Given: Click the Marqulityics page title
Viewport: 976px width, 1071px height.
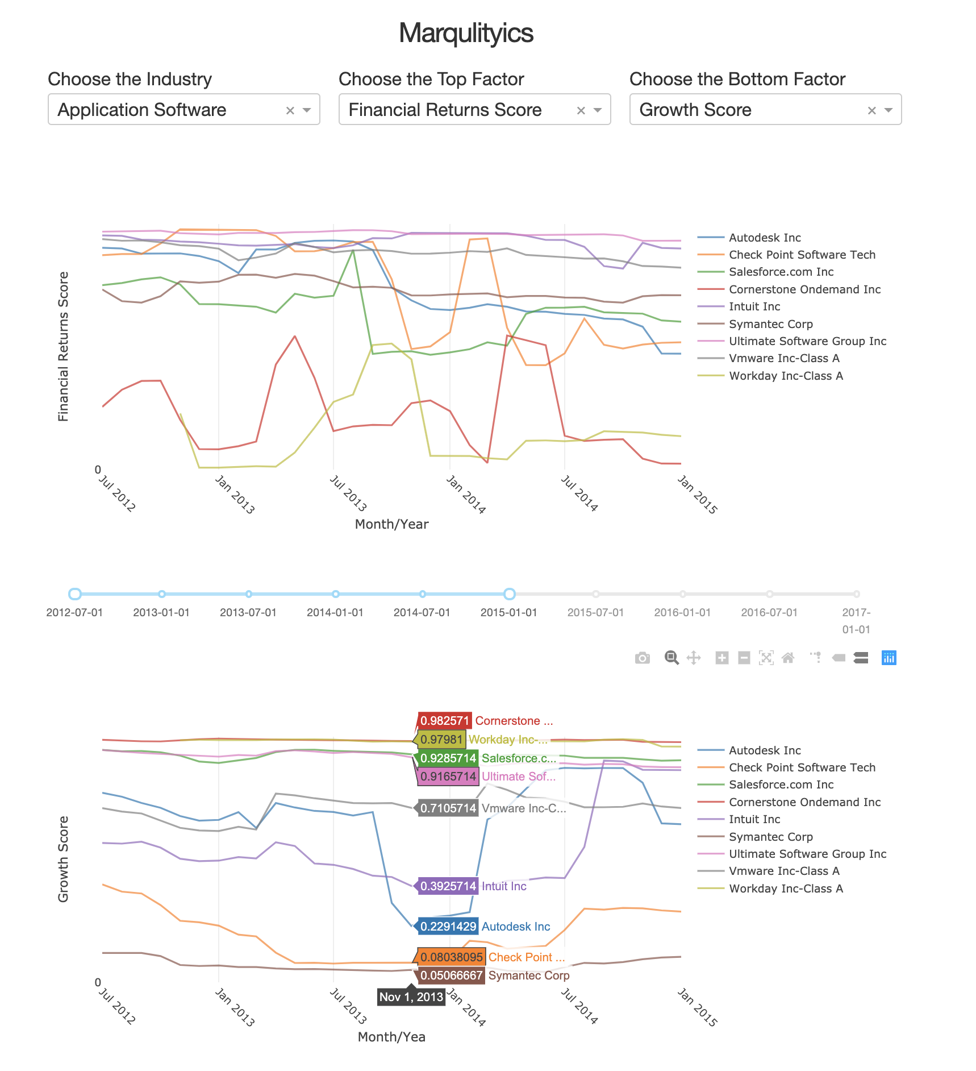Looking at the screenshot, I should pyautogui.click(x=466, y=33).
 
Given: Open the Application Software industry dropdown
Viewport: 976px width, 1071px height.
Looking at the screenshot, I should pyautogui.click(x=170, y=110).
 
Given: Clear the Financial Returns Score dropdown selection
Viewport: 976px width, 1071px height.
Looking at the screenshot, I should pyautogui.click(x=581, y=110).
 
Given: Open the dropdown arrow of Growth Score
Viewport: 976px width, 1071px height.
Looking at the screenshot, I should pyautogui.click(x=889, y=110).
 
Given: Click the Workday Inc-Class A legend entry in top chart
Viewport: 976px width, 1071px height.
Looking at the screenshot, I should pyautogui.click(x=785, y=376).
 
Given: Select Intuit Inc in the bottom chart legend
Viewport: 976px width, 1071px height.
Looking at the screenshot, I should pyautogui.click(x=754, y=819).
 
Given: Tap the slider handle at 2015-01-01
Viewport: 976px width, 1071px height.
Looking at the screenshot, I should pyautogui.click(x=510, y=594).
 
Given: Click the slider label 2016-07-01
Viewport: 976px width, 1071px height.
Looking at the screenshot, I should pyautogui.click(x=769, y=612).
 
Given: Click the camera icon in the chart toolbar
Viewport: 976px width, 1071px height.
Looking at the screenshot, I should pyautogui.click(x=642, y=658).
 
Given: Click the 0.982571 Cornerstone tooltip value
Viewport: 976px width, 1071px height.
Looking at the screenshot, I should pyautogui.click(x=445, y=721).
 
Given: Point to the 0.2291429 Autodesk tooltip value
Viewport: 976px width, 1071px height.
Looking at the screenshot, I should pyautogui.click(x=448, y=927).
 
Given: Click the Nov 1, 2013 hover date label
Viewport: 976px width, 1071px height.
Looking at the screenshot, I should pyautogui.click(x=411, y=997).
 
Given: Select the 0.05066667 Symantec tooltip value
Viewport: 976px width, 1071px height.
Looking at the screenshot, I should pyautogui.click(x=452, y=975).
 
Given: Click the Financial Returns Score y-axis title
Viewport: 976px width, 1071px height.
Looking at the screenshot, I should pyautogui.click(x=63, y=346).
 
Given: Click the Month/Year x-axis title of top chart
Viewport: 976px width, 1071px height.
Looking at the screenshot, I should pyautogui.click(x=391, y=524).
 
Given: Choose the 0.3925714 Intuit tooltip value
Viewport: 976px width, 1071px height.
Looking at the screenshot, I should pyautogui.click(x=448, y=886).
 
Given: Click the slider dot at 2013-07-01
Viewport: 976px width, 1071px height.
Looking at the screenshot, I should pyautogui.click(x=249, y=594).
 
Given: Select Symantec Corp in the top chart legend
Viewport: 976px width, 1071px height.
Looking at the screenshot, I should pyautogui.click(x=770, y=324).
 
